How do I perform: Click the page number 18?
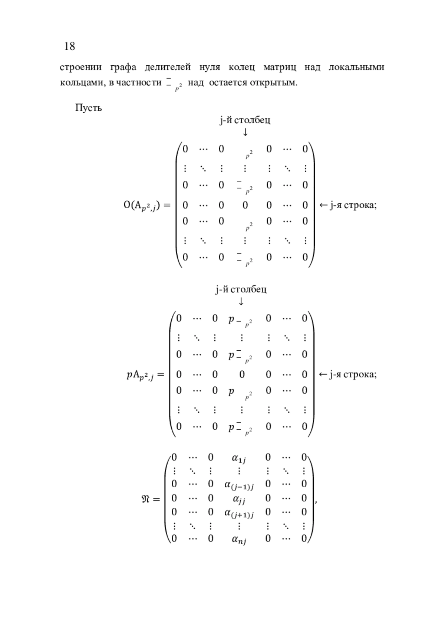(70, 46)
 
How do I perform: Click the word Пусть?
(89, 108)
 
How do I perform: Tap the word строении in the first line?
(80, 68)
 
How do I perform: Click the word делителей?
(168, 68)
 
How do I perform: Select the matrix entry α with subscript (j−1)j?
(239, 485)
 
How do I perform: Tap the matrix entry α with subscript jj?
(239, 499)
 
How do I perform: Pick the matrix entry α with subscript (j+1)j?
(239, 513)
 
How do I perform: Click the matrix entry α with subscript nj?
(239, 539)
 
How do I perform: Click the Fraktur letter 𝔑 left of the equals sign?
(146, 499)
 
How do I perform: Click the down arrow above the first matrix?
(245, 132)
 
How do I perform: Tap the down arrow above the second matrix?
(241, 301)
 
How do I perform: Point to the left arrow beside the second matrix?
(323, 374)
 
